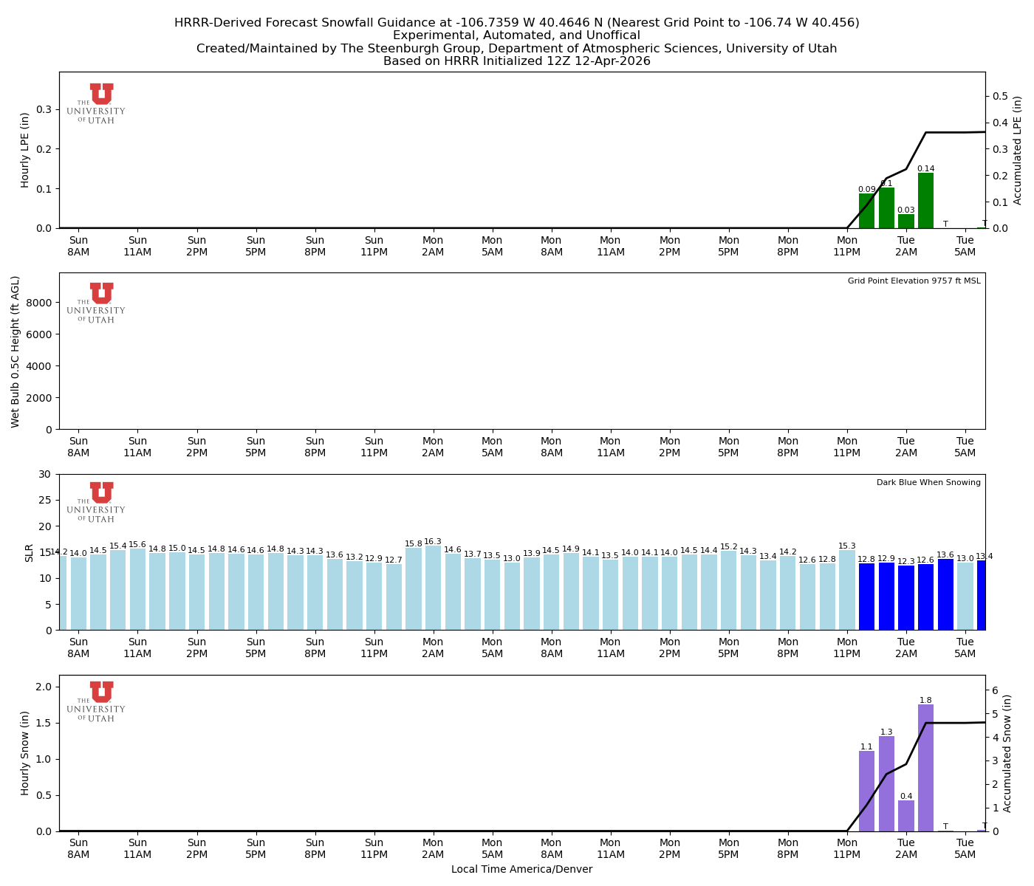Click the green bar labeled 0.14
(925, 201)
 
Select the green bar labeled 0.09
(866, 211)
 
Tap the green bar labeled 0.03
(906, 221)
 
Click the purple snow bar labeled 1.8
(925, 768)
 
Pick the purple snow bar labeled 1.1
(866, 791)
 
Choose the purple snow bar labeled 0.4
(906, 816)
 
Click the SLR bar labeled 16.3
(433, 588)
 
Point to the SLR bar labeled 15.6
(137, 589)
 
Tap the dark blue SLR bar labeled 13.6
(945, 594)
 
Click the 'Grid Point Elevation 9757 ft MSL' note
(914, 281)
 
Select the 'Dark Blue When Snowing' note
(928, 483)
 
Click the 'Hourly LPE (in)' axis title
(25, 150)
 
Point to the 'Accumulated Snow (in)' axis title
(1007, 753)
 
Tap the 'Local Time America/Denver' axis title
(521, 870)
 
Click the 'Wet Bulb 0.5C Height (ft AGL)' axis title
(16, 351)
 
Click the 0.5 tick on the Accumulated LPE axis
(1000, 96)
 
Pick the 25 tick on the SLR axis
(46, 500)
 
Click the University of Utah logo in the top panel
(96, 103)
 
